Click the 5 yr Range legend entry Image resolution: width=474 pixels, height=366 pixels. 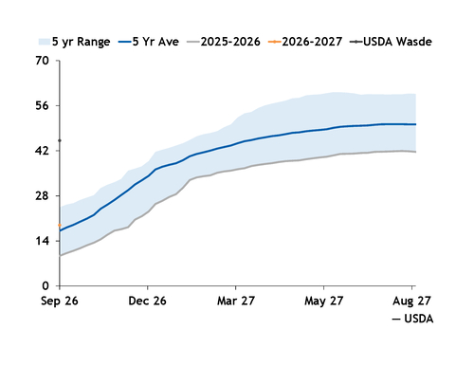74,42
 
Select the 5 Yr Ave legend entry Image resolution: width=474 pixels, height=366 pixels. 149,42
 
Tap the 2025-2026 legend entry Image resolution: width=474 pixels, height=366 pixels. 224,42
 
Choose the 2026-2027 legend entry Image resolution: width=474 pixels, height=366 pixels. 305,42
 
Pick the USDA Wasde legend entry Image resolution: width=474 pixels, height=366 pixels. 391,42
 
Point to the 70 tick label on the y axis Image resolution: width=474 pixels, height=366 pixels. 43,61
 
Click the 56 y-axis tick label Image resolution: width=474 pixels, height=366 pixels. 43,105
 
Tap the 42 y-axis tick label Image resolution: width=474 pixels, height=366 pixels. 43,151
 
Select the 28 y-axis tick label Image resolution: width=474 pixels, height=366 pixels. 43,196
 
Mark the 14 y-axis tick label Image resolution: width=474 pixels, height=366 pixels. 43,241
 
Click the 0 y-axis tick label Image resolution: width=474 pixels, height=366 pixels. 46,286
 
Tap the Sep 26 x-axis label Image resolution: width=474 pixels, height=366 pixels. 60,301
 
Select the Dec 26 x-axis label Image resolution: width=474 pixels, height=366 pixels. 147,301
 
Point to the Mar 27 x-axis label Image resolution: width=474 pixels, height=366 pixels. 236,301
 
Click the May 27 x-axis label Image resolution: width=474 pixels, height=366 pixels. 323,301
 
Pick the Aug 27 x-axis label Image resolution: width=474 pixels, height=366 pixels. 411,301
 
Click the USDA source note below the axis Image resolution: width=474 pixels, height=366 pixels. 412,319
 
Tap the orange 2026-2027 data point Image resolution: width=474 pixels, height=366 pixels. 60,225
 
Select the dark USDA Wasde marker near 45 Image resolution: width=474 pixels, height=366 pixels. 60,140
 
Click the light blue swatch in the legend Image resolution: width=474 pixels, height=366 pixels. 45,42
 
